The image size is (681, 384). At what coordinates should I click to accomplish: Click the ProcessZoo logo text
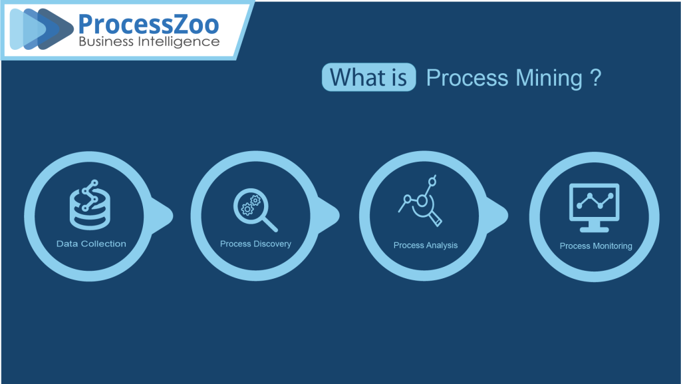[148, 24]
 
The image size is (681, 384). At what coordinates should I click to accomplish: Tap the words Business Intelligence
[149, 42]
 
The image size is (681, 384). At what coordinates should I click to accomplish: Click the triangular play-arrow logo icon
[42, 29]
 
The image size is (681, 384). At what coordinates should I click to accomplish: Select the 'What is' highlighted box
[368, 77]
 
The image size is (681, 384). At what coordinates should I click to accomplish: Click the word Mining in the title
[549, 79]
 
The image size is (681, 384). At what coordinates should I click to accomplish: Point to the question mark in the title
[596, 77]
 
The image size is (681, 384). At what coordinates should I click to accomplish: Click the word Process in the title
[467, 78]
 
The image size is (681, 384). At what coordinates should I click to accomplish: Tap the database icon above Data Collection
[90, 204]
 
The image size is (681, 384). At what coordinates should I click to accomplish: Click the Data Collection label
[91, 244]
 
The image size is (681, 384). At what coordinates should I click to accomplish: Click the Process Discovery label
[255, 244]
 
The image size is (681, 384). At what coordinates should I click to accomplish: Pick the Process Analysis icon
[420, 201]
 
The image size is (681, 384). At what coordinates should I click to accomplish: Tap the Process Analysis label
[426, 246]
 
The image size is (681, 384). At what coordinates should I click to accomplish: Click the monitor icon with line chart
[594, 208]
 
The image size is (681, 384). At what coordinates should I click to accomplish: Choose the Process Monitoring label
[596, 246]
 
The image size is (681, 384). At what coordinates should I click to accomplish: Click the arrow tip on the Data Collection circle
[172, 216]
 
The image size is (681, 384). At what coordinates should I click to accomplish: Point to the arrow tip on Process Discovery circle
[339, 216]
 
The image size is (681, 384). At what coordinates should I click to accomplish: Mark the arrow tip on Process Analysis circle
[507, 216]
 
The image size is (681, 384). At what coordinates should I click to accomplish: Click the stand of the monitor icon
[594, 226]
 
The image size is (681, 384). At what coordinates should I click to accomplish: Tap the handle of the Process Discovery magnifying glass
[270, 224]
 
